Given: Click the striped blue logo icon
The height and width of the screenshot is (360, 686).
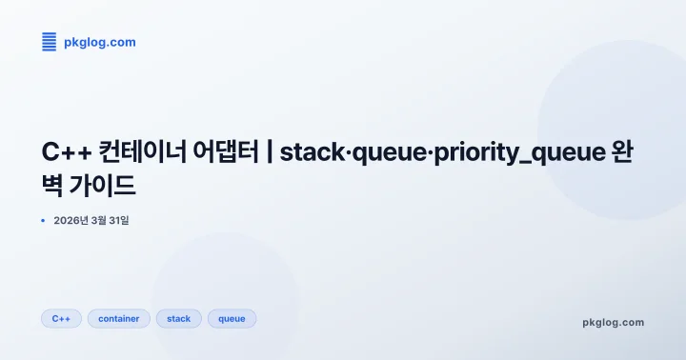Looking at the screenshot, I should (50, 41).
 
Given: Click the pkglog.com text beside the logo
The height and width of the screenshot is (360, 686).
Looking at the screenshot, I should (99, 42).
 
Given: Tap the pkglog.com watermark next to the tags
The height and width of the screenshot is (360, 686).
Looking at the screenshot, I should (613, 322).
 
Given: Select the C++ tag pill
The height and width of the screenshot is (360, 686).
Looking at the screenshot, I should (61, 319).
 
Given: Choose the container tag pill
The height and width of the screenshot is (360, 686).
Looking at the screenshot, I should (119, 319).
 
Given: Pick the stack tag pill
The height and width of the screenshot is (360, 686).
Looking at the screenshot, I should (179, 319).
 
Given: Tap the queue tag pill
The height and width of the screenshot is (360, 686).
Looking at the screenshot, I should (232, 319).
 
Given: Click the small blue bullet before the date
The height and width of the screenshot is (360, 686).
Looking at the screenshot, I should (43, 220).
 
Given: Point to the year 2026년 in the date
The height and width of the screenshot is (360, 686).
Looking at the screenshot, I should (71, 221).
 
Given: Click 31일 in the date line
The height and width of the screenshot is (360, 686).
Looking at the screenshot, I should (117, 221).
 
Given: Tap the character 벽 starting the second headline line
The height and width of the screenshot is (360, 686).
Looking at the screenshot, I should (56, 185).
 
